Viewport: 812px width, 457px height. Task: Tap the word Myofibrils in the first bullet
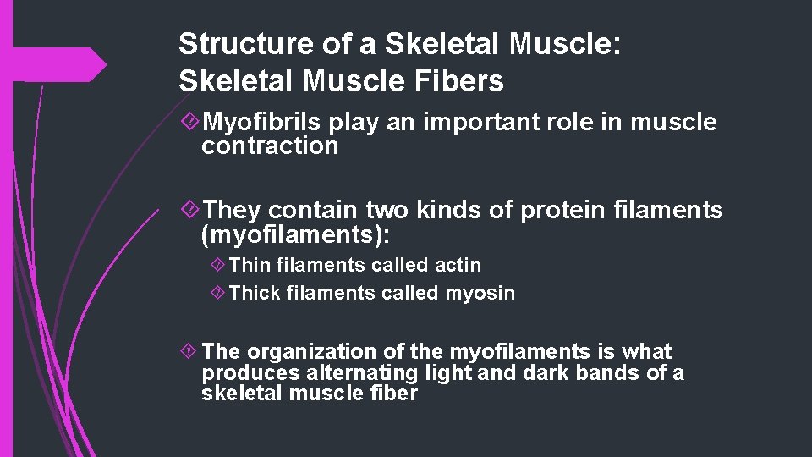pos(262,123)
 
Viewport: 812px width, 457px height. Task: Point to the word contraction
pos(269,146)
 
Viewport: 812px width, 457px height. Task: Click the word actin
pos(458,265)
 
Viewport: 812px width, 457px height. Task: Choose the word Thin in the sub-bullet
pos(248,265)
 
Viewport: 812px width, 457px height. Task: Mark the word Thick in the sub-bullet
pos(253,293)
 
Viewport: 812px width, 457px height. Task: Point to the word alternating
pos(376,373)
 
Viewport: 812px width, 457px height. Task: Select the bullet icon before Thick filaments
pos(217,294)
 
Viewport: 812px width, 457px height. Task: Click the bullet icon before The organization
pos(190,352)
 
